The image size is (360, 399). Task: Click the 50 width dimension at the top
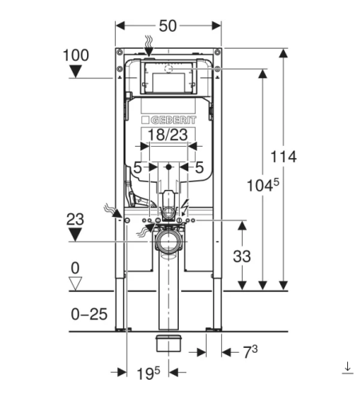pyautogui.click(x=168, y=26)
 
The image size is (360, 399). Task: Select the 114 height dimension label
pyautogui.click(x=283, y=156)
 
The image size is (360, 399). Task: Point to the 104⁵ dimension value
pyautogui.click(x=263, y=185)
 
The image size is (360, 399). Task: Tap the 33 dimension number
pyautogui.click(x=242, y=256)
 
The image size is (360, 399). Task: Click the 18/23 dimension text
pyautogui.click(x=168, y=134)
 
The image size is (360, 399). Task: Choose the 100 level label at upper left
pyautogui.click(x=76, y=55)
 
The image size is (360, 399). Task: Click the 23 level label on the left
pyautogui.click(x=75, y=219)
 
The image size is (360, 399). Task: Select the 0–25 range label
pyautogui.click(x=89, y=314)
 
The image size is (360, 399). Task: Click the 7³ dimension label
pyautogui.click(x=251, y=352)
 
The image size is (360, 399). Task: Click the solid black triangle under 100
pyautogui.click(x=76, y=72)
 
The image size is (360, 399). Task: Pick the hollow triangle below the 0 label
pyautogui.click(x=75, y=283)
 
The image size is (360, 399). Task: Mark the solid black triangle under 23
pyautogui.click(x=75, y=235)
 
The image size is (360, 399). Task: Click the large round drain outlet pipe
pyautogui.click(x=168, y=242)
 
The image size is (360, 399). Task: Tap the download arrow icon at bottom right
pyautogui.click(x=347, y=368)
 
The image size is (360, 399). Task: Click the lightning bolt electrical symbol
pyautogui.click(x=185, y=207)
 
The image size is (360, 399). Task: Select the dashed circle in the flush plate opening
pyautogui.click(x=168, y=69)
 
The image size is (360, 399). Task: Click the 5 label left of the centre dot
pyautogui.click(x=137, y=168)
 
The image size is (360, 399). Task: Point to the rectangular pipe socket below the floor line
pyautogui.click(x=168, y=343)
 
